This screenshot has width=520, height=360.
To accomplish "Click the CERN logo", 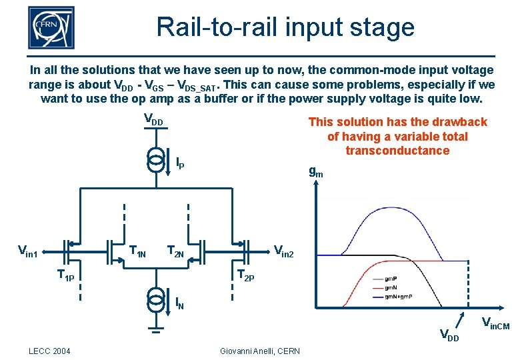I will [51, 28].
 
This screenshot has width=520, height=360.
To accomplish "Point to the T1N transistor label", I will [137, 251].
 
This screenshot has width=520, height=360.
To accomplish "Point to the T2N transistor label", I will [175, 251].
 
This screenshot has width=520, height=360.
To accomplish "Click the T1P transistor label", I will [65, 274].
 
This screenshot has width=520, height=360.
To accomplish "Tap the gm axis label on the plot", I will [316, 172].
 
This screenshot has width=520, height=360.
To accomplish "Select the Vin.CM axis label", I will [495, 325].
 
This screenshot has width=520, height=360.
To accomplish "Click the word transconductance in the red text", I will [397, 151].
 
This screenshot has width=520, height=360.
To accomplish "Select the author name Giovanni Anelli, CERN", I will [259, 351].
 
